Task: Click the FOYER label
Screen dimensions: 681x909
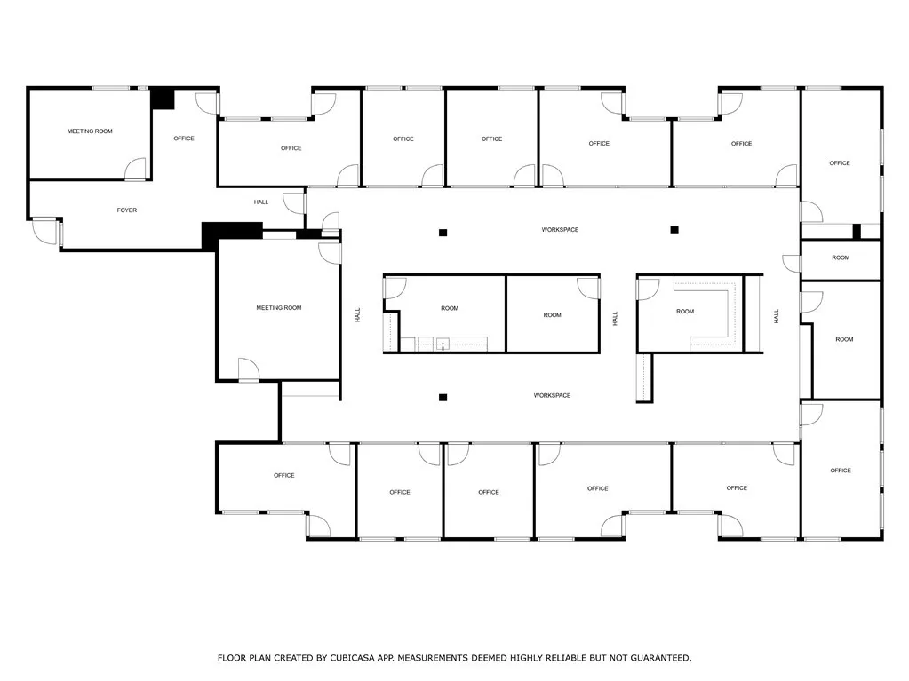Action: pos(127,210)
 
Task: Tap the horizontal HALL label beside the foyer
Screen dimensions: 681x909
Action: pos(261,202)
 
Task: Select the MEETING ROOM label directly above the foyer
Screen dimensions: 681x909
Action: pos(90,131)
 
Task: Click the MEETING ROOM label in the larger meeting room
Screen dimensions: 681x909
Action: pos(279,308)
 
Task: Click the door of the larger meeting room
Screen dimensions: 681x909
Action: pos(248,369)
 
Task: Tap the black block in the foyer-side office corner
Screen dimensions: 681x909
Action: pos(162,98)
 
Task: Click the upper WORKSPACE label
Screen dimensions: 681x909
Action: pos(560,230)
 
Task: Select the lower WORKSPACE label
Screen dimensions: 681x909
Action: pos(552,395)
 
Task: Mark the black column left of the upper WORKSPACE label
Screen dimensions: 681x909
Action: pos(443,233)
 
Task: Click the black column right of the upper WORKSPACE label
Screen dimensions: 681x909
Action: pos(674,230)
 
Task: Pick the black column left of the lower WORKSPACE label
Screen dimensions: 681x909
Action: pos(443,397)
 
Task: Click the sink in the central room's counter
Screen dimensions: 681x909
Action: pos(442,344)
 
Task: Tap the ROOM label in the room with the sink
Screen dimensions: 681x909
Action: pos(450,308)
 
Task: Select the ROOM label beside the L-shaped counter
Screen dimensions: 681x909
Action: pos(684,312)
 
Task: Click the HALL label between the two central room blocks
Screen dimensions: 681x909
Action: pos(614,318)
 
